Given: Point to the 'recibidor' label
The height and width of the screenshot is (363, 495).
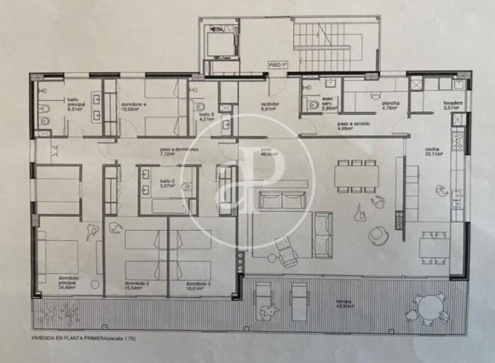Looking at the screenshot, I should point(268,106).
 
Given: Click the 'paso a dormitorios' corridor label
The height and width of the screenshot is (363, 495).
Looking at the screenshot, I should point(179,152).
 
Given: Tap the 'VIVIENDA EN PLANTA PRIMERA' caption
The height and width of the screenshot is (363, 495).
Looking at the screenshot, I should point(83,337).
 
